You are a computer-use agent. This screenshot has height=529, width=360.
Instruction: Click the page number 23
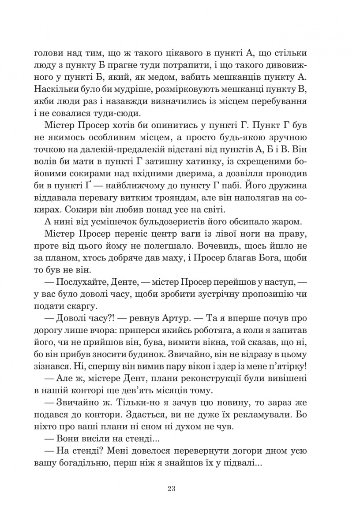(172, 488)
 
